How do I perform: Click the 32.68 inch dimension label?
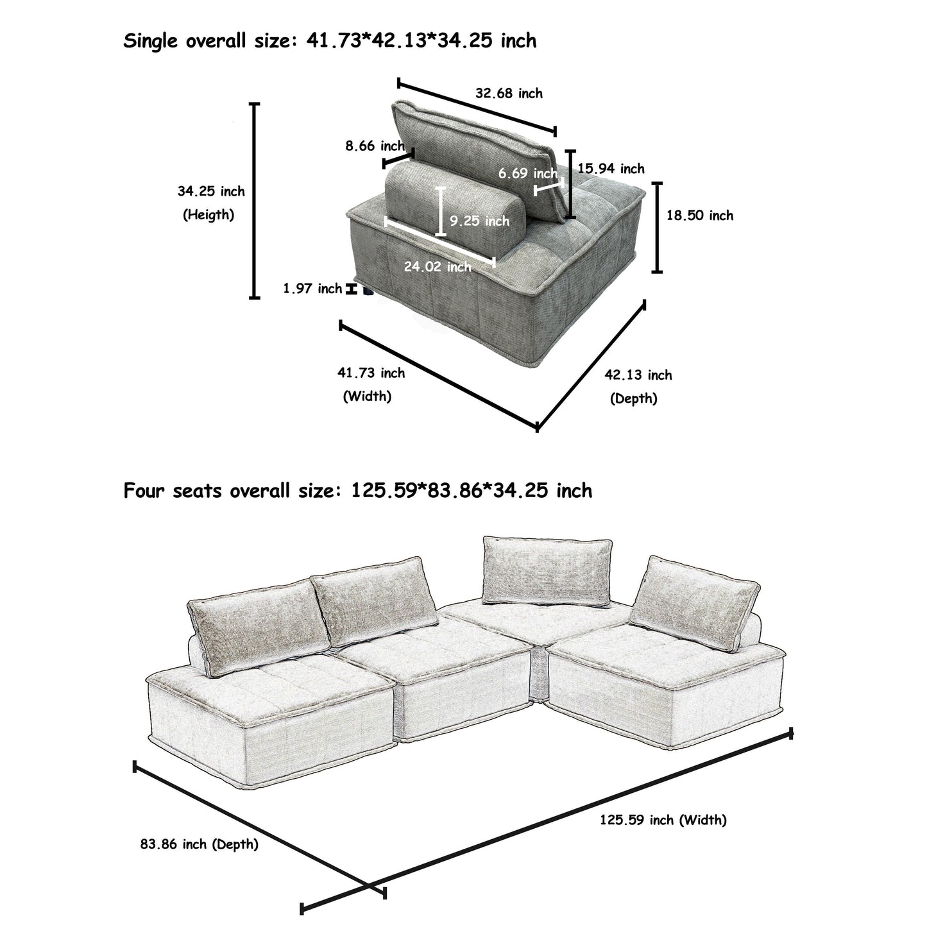click(508, 94)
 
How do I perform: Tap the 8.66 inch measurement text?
click(375, 146)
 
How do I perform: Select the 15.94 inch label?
click(611, 169)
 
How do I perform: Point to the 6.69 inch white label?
click(527, 173)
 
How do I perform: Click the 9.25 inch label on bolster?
click(479, 221)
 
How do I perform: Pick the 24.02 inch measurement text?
click(437, 267)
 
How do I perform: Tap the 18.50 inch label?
click(699, 216)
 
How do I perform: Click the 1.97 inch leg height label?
click(312, 289)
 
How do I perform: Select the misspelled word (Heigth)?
click(208, 215)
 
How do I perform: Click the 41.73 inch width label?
click(371, 373)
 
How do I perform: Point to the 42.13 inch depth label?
click(638, 375)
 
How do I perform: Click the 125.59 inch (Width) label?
click(663, 820)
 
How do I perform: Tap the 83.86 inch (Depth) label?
click(199, 845)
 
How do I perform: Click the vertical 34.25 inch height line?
click(255, 200)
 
